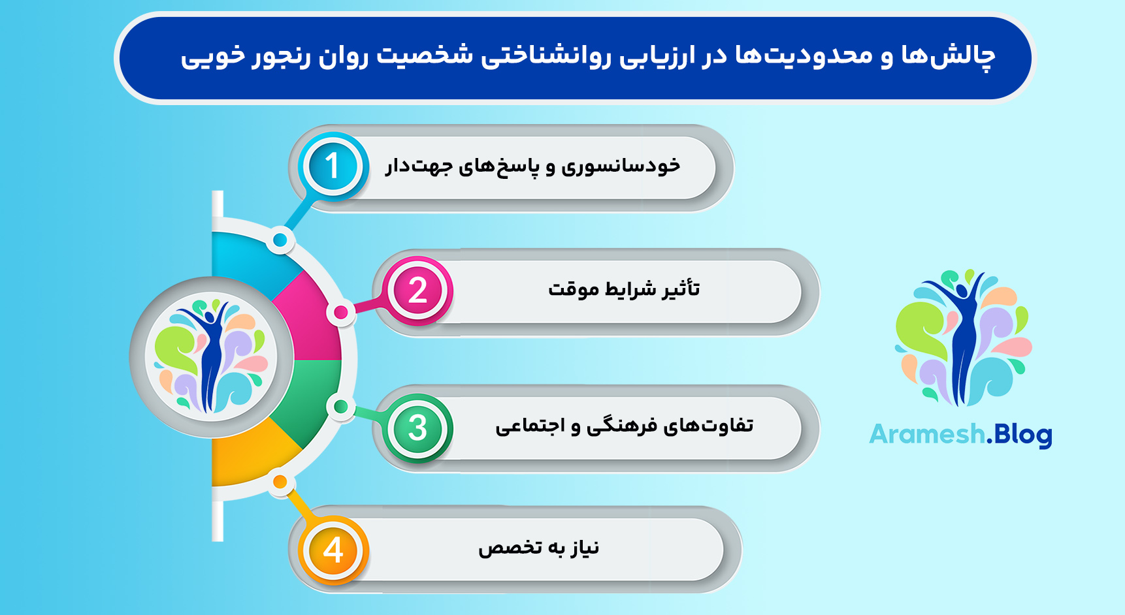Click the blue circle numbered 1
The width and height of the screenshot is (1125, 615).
[x=333, y=166]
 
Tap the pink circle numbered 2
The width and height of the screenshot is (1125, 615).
[x=418, y=291]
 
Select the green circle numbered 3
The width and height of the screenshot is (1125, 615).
[x=418, y=428]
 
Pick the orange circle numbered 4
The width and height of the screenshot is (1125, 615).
[x=333, y=550]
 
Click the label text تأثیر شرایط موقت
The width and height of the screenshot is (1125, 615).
[x=624, y=289]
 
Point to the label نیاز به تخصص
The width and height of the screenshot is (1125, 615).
[x=538, y=547]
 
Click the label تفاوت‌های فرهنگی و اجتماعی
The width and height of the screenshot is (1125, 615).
[x=624, y=426]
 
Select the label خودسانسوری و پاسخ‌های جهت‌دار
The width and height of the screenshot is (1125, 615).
[x=532, y=166]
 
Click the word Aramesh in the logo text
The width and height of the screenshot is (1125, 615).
[x=926, y=434]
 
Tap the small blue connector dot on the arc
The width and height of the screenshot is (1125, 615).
[x=280, y=240]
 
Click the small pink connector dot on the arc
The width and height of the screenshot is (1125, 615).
[x=340, y=313]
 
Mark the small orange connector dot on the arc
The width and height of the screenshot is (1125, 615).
[x=280, y=482]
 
